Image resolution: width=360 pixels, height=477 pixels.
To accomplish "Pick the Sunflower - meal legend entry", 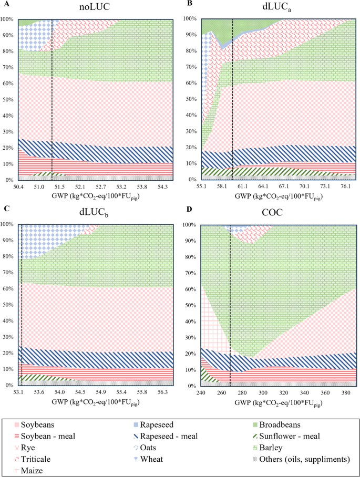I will point(280,435).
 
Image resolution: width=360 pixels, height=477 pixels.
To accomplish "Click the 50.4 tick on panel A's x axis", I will point(19,186).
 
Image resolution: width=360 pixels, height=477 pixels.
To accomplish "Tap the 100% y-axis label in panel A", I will point(9,19).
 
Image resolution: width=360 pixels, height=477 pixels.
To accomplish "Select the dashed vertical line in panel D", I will point(231,305).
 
